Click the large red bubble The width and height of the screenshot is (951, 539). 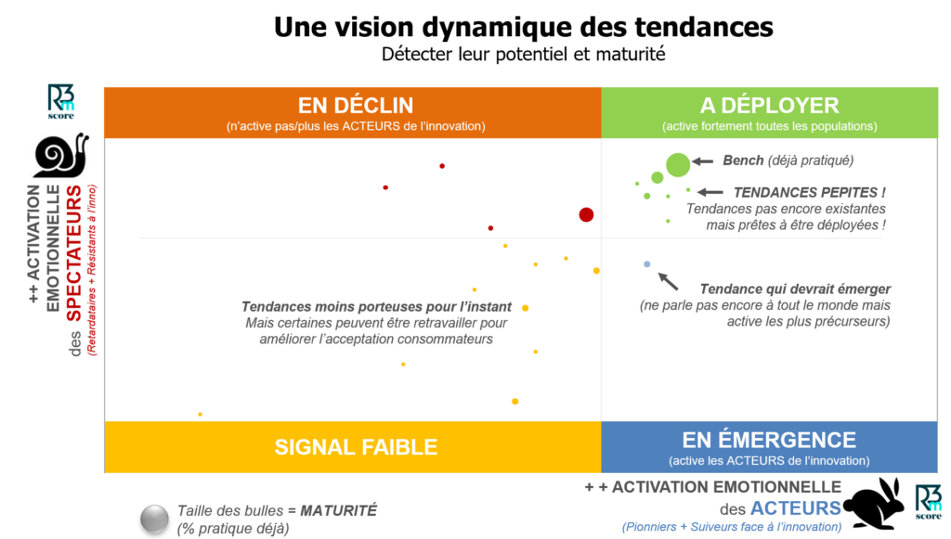click(x=586, y=214)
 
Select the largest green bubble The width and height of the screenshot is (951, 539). click(x=677, y=164)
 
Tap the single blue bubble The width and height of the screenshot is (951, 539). click(x=647, y=264)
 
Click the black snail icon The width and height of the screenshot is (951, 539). click(x=60, y=155)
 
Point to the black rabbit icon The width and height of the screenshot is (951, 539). click(x=877, y=504)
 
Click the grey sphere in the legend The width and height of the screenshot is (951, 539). click(x=155, y=519)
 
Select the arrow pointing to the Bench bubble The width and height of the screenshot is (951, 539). click(x=702, y=161)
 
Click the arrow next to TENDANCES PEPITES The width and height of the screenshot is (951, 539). click(x=710, y=193)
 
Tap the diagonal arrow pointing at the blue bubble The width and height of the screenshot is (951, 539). click(x=668, y=281)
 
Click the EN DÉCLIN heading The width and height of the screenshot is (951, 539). click(x=356, y=106)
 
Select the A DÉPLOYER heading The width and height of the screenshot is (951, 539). click(x=769, y=106)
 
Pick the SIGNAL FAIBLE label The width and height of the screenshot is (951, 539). click(x=356, y=447)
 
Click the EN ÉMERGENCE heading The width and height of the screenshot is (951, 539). click(x=769, y=440)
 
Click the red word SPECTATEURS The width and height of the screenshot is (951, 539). click(x=73, y=253)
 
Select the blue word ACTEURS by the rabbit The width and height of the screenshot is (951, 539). click(x=796, y=508)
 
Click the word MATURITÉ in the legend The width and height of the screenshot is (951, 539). click(x=338, y=510)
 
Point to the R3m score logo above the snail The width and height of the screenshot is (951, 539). click(x=60, y=101)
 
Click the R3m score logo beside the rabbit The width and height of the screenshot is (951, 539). click(x=929, y=502)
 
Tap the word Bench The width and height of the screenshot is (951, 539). click(x=743, y=160)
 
